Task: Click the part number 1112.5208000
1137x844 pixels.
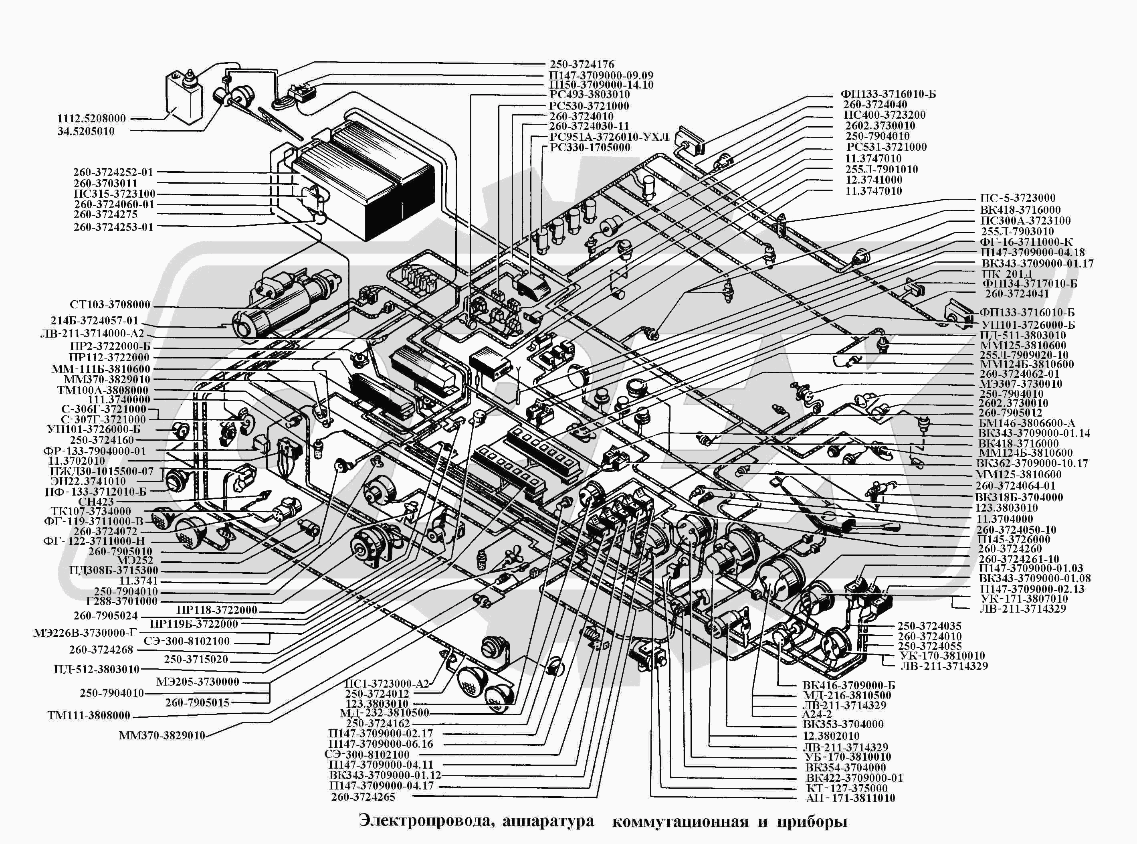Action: tap(91, 119)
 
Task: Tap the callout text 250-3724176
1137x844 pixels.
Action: tap(582, 65)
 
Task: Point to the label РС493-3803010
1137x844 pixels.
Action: tap(589, 95)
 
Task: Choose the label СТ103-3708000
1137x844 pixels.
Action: tap(110, 305)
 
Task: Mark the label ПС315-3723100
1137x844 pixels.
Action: tap(114, 194)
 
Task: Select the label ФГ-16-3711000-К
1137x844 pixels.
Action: tap(1026, 242)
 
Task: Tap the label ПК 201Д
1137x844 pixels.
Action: tap(1006, 274)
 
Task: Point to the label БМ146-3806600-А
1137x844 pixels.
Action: tap(1027, 423)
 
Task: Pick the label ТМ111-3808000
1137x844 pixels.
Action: tap(89, 716)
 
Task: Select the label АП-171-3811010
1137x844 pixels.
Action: tap(850, 798)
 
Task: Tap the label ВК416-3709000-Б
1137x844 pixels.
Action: tap(848, 685)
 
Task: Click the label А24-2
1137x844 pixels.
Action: tap(817, 714)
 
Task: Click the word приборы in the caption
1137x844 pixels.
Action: tap(812, 822)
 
